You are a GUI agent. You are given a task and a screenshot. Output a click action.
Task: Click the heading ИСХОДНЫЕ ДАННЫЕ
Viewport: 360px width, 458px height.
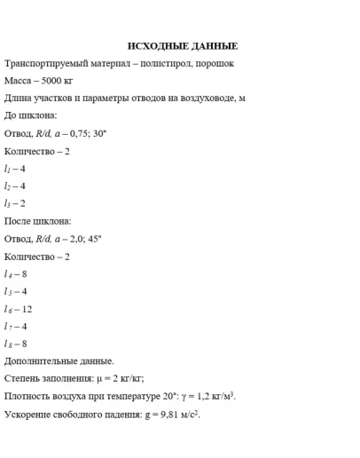183,46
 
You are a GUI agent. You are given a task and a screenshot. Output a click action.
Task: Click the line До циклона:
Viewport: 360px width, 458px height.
31,116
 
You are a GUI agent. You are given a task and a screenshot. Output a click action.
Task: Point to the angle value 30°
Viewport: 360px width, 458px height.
98,134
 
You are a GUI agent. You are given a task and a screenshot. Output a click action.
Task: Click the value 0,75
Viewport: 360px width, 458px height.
75,134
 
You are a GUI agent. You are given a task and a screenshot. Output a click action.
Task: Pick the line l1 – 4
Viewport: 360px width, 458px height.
15,169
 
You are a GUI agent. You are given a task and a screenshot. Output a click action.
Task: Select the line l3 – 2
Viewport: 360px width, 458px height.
15,203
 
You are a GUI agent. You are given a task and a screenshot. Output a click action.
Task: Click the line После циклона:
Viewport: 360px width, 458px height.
38,221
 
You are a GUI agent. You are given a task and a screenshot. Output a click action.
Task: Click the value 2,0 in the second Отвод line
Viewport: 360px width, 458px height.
74,239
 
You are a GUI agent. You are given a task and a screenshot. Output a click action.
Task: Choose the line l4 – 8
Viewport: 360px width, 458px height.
16,273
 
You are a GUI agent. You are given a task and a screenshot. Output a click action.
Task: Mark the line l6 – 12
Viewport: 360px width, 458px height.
19,309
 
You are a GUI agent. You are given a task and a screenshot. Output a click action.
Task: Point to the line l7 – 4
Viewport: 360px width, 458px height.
16,326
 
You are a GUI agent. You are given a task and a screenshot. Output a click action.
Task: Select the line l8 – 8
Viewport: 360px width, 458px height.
16,343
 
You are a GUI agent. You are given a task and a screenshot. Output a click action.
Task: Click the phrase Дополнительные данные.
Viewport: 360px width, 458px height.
59,361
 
